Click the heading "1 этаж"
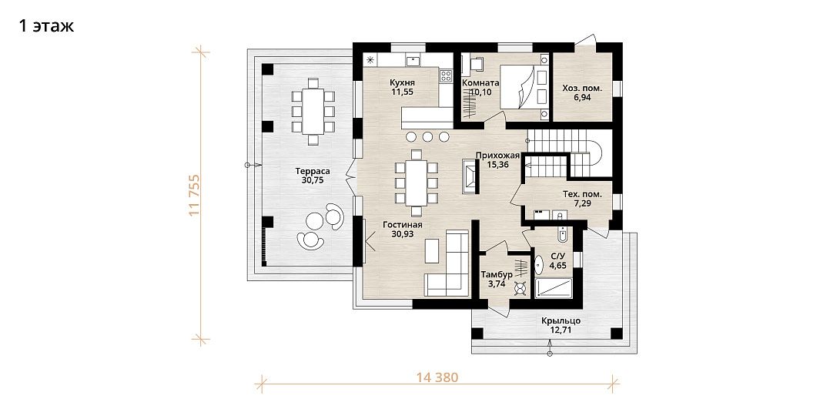[x=46, y=25]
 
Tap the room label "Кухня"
[x=402, y=82]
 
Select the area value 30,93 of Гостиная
[x=402, y=234]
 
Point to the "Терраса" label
[x=312, y=171]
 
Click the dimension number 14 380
[x=437, y=377]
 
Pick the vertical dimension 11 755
[x=195, y=195]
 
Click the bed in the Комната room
[x=524, y=87]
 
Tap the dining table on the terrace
[x=313, y=112]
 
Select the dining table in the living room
[x=417, y=183]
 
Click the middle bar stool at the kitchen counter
[x=427, y=136]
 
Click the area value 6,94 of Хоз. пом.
[x=582, y=97]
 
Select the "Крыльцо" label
[x=561, y=320]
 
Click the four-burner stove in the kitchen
[x=446, y=76]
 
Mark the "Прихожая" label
[x=497, y=155]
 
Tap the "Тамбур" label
[x=497, y=275]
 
